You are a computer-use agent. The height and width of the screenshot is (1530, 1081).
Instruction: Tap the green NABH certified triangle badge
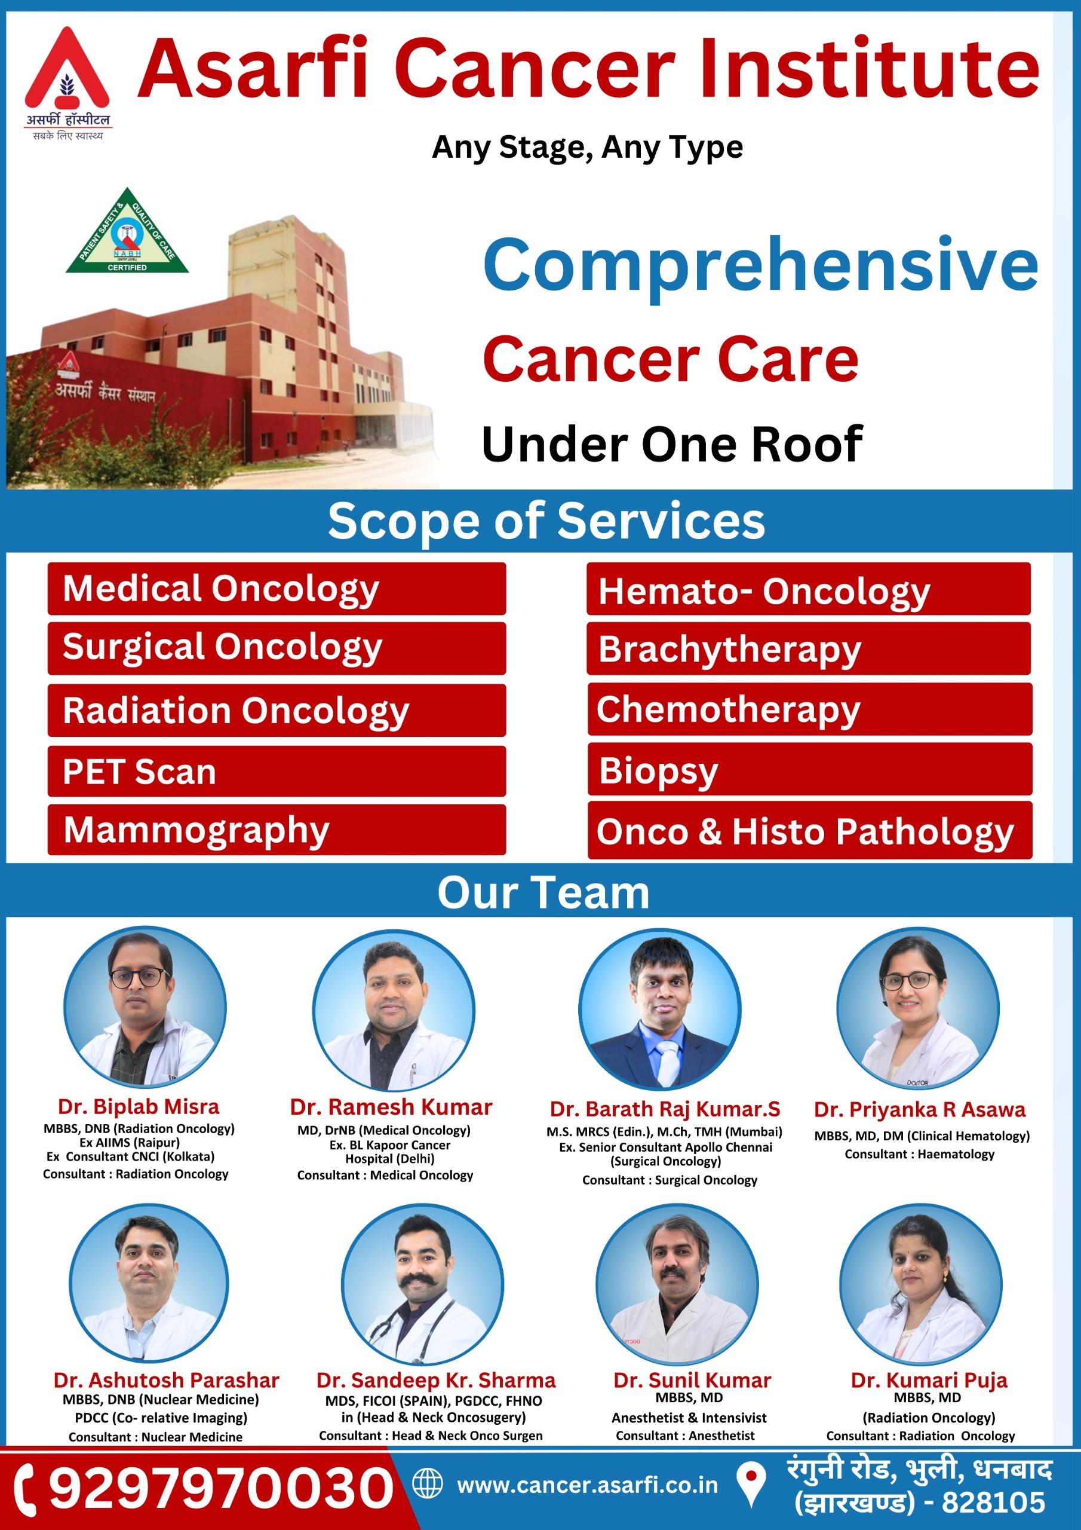pos(127,233)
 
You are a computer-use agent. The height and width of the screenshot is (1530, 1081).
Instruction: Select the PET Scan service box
pos(277,771)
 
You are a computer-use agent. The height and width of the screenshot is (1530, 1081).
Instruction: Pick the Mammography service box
pos(277,830)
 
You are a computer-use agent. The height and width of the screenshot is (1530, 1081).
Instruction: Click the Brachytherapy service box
pos(809,648)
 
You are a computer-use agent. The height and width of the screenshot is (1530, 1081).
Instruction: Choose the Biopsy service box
pos(810,770)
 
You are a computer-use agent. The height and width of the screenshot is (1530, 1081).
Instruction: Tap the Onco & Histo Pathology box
pos(810,830)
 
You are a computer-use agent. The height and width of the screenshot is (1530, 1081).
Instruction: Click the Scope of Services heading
pos(546,521)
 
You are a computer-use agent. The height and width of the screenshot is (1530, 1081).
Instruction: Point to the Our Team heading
pos(543,892)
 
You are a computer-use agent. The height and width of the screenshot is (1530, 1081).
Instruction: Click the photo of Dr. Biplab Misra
pos(145,1008)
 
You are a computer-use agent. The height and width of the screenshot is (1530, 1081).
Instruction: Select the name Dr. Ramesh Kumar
pos(391,1107)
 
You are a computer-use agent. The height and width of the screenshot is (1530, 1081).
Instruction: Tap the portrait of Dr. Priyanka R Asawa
pos(918,1008)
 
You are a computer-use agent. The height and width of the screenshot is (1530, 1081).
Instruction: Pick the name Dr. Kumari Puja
pos(929,1380)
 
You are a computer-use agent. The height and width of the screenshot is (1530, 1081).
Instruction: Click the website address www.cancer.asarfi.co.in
pos(588,1485)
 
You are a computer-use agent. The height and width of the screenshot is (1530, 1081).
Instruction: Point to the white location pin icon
pos(752,1484)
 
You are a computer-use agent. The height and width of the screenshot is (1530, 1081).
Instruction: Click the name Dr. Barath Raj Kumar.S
pos(665,1109)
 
